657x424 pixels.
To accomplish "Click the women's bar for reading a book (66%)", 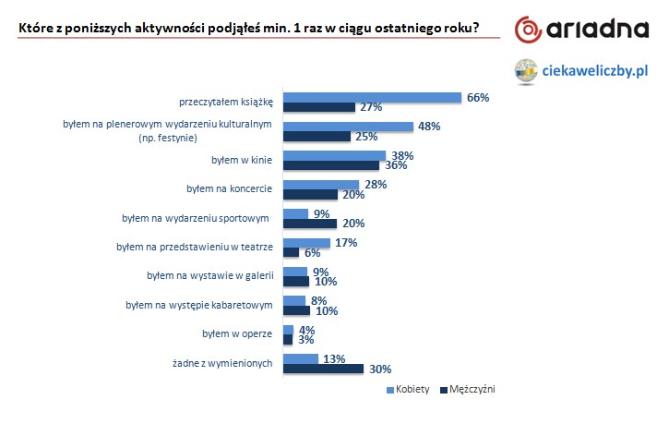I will [371, 97].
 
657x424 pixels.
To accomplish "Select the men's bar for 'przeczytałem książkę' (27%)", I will [318, 107].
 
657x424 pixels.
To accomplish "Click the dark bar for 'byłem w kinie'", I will [330, 166].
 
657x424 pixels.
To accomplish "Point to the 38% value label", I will [400, 156].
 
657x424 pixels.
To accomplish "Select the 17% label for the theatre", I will [345, 243].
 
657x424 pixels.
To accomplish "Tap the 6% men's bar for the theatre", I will [291, 252].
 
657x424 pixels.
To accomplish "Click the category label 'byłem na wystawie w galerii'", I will [210, 276].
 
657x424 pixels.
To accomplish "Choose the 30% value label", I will [378, 369].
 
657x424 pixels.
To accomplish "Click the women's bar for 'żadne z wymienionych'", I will [300, 358].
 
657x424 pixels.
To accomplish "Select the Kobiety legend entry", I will [408, 389].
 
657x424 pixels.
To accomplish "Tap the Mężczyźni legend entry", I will [472, 389].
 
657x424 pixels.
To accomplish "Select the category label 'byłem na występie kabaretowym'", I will [199, 305].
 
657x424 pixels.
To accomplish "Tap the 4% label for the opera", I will [307, 329].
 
